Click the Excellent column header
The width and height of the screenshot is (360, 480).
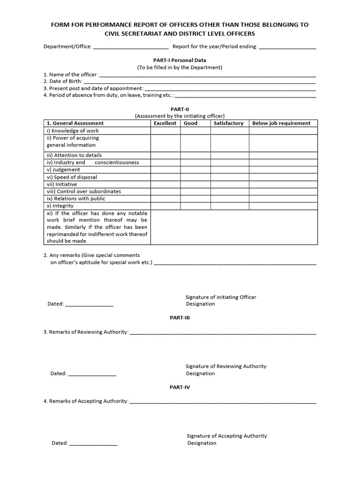click(165, 123)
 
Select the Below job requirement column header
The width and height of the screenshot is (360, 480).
click(281, 123)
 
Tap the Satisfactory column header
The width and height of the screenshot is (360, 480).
click(228, 123)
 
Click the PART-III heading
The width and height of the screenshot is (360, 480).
click(180, 318)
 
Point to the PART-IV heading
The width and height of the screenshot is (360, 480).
click(180, 388)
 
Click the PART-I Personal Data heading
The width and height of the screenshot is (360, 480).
click(180, 60)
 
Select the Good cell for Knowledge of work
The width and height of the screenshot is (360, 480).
click(195, 131)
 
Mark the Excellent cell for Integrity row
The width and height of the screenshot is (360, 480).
click(165, 206)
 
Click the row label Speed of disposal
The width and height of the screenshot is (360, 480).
click(72, 177)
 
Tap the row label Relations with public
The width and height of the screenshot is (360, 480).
click(75, 199)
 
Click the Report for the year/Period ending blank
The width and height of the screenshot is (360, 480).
click(287, 47)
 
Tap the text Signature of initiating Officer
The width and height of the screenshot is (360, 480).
click(221, 297)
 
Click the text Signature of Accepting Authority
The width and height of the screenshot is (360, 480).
click(227, 436)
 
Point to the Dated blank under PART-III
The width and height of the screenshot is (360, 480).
click(92, 374)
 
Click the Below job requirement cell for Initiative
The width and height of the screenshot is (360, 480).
click(283, 184)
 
